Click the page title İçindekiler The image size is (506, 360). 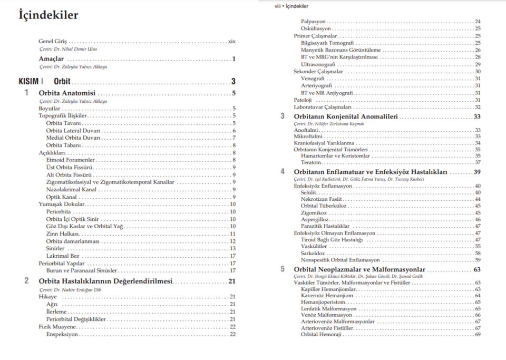tap(48, 15)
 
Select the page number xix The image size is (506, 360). tap(231, 41)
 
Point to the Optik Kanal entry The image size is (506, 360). tap(61, 197)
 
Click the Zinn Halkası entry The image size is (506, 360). tap(62, 233)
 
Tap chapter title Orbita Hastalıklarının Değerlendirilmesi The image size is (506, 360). tap(105, 281)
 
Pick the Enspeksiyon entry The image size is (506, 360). tap(62, 334)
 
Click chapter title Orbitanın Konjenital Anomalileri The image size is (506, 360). tap(345, 116)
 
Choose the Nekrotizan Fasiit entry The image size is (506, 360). tap(322, 199)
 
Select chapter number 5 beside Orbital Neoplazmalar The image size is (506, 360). tap(283, 269)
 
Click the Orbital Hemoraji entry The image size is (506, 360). tap(321, 334)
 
